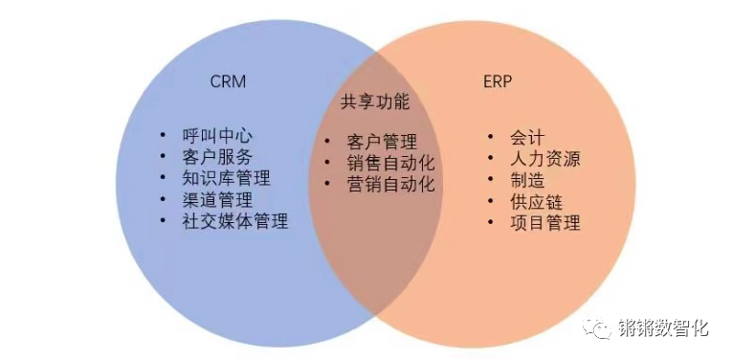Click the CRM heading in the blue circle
tap(228, 80)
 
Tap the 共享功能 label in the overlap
tap(374, 101)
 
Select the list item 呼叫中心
tap(217, 136)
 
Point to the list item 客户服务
tap(217, 157)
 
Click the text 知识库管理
tap(226, 178)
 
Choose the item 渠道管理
tap(217, 200)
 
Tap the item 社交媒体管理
tap(234, 221)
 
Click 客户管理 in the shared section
tap(382, 143)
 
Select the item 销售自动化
tap(390, 164)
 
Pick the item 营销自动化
tap(390, 184)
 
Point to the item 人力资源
tap(545, 158)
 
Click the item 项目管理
tap(545, 223)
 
